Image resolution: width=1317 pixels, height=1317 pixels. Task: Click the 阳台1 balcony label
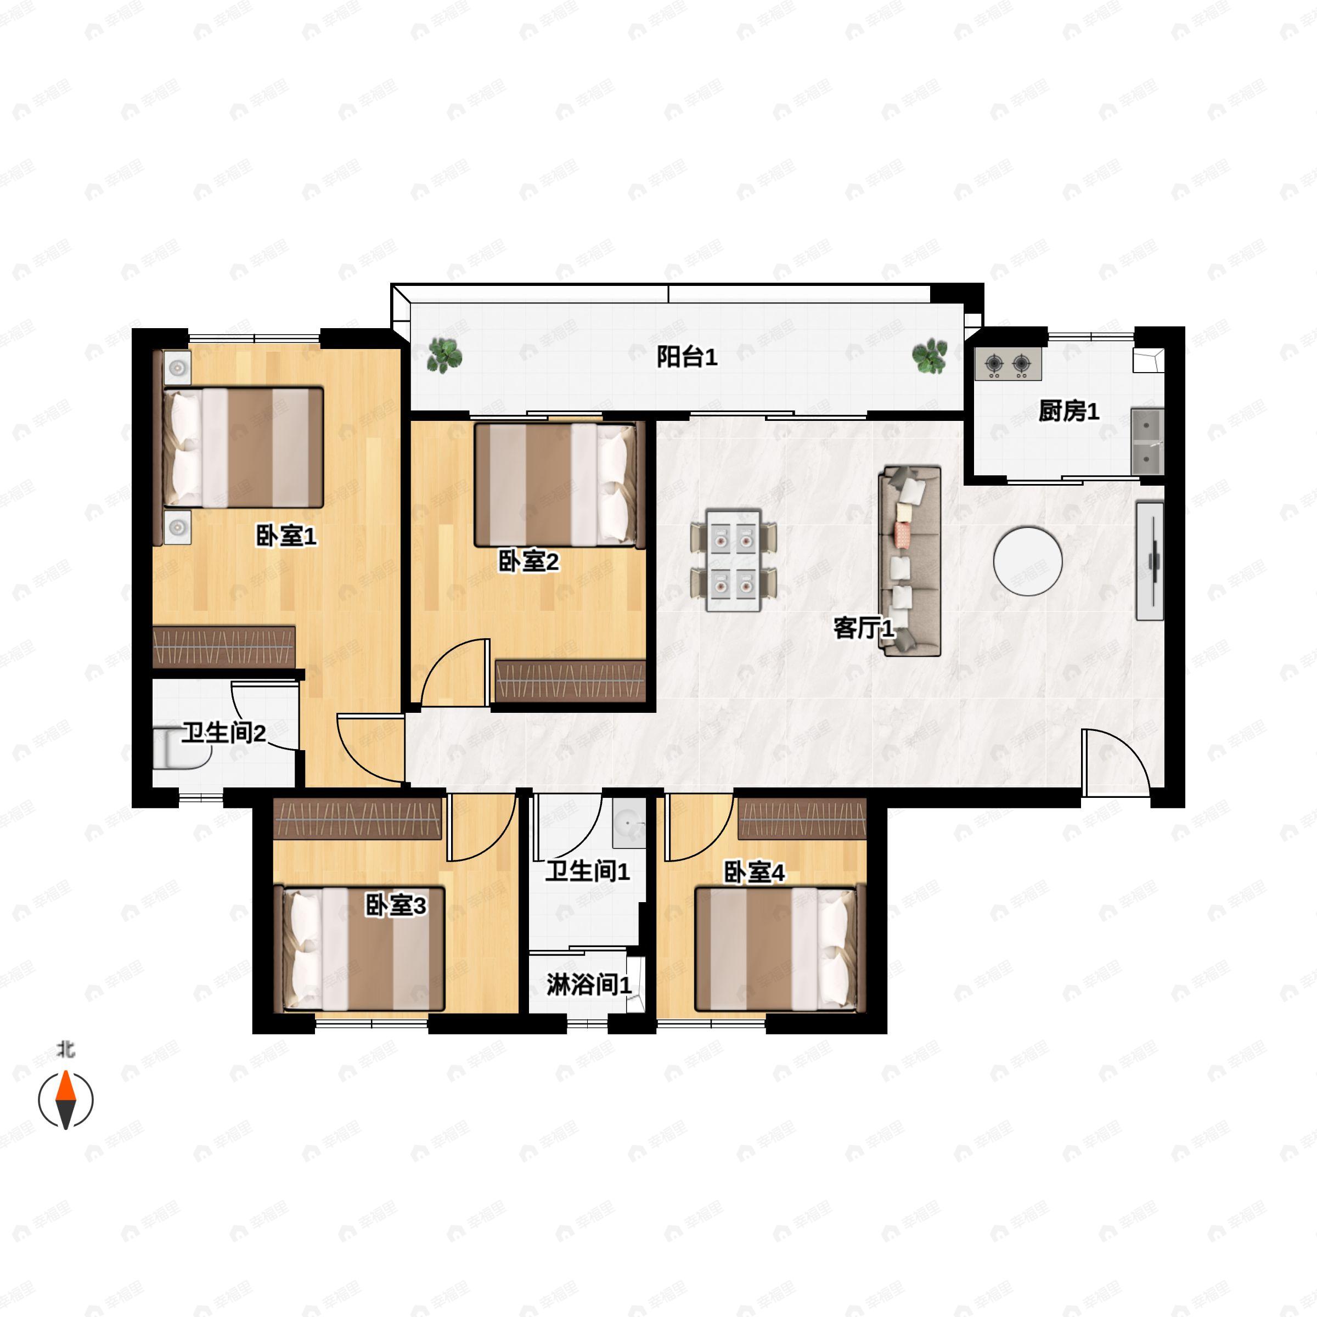(686, 357)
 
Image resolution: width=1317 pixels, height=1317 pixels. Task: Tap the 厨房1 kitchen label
(1068, 411)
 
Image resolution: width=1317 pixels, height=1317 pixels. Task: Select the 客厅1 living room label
(864, 628)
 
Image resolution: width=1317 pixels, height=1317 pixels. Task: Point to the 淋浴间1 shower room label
(589, 984)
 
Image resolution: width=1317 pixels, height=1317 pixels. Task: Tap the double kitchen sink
(1147, 441)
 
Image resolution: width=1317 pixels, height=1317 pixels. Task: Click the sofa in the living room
(910, 561)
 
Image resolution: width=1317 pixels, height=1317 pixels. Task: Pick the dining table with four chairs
(734, 560)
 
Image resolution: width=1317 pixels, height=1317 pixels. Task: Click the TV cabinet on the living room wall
(1149, 561)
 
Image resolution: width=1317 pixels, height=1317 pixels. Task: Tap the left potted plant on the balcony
(444, 356)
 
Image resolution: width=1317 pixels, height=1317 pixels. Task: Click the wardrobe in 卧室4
(802, 818)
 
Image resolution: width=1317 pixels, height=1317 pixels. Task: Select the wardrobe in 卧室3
(357, 819)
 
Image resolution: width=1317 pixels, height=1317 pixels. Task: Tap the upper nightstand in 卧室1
(178, 368)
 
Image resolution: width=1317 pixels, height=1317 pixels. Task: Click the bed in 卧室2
(560, 485)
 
